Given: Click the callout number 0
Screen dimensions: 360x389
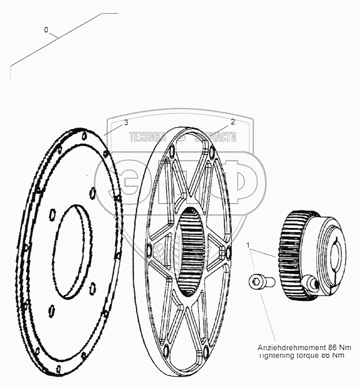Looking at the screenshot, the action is (46, 30).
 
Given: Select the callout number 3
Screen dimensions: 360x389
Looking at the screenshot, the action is (126, 123).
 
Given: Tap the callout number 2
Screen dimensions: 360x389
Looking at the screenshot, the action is (232, 122).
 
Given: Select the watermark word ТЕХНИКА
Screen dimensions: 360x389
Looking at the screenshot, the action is (147, 137).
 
